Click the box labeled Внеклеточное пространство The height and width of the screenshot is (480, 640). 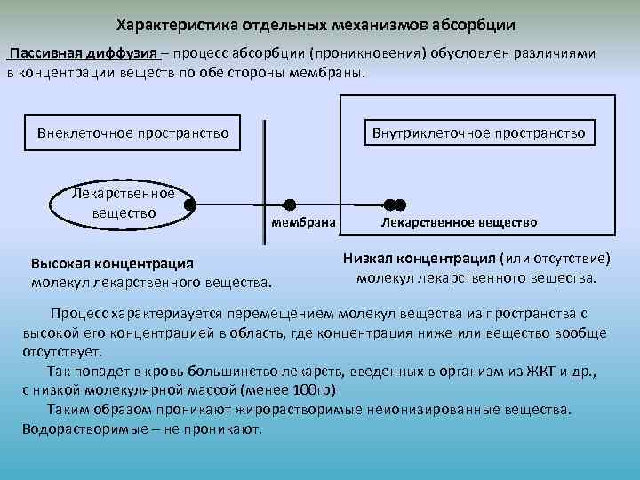pyautogui.click(x=133, y=132)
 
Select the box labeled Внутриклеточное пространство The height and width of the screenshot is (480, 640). pyautogui.click(x=478, y=132)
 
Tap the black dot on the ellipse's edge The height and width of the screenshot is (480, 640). pyautogui.click(x=190, y=204)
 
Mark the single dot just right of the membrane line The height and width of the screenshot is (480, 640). pyautogui.click(x=289, y=204)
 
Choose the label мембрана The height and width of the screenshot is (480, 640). pyautogui.click(x=302, y=222)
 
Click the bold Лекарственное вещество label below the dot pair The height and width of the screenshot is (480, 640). pyautogui.click(x=459, y=222)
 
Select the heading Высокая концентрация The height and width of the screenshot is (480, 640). pyautogui.click(x=111, y=264)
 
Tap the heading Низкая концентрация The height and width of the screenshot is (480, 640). pyautogui.click(x=419, y=259)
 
